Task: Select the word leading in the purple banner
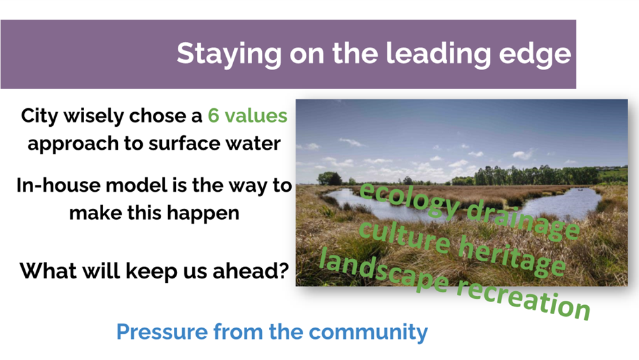click(438, 54)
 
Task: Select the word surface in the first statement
click(178, 143)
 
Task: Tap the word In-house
click(58, 185)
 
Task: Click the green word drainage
click(523, 220)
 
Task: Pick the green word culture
click(405, 236)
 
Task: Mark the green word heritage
click(512, 256)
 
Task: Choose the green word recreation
click(523, 297)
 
